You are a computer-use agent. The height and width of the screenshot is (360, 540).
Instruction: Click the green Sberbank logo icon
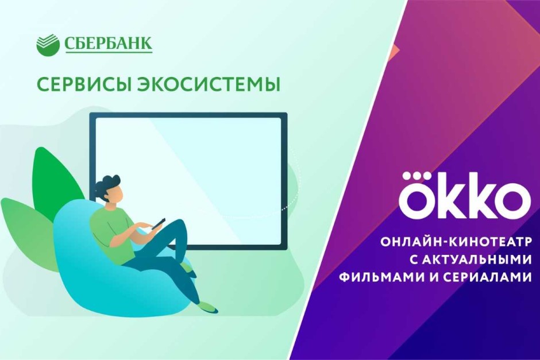47,44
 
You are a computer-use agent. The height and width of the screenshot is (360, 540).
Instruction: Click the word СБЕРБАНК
108,44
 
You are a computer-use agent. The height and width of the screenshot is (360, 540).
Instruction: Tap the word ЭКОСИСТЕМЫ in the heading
209,84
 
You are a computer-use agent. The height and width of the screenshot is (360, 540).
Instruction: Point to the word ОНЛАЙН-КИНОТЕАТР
456,242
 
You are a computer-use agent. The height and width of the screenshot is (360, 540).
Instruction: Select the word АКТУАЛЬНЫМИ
470,260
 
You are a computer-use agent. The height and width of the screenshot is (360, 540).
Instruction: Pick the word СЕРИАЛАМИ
487,277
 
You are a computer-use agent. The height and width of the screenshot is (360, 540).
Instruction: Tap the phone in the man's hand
158,223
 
